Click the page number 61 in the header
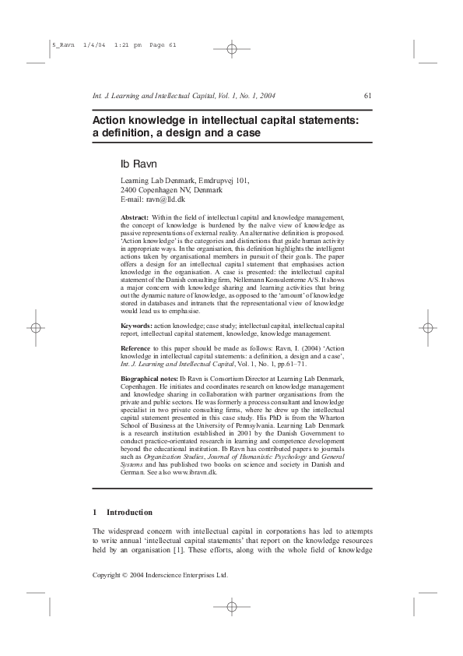click(x=367, y=97)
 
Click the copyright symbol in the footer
click(x=125, y=575)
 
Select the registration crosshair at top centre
click(x=232, y=49)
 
